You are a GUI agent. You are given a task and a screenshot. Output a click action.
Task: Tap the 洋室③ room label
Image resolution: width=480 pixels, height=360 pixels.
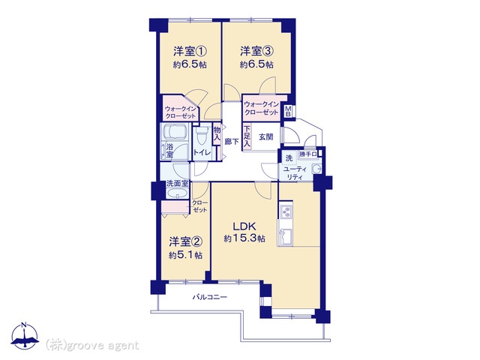[256, 51]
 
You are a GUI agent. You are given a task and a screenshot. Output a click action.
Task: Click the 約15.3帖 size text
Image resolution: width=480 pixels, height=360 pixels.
[244, 238]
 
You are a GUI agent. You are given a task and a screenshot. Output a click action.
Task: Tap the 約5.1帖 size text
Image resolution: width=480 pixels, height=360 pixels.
[185, 255]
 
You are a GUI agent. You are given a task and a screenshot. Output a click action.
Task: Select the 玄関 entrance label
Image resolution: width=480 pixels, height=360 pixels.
[266, 136]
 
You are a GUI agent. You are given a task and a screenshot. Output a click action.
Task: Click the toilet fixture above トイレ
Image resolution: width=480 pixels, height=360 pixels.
[201, 138]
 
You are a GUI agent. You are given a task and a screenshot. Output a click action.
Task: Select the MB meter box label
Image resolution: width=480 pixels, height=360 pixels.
[289, 112]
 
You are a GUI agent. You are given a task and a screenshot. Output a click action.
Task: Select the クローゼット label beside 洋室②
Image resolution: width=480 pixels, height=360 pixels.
[200, 206]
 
